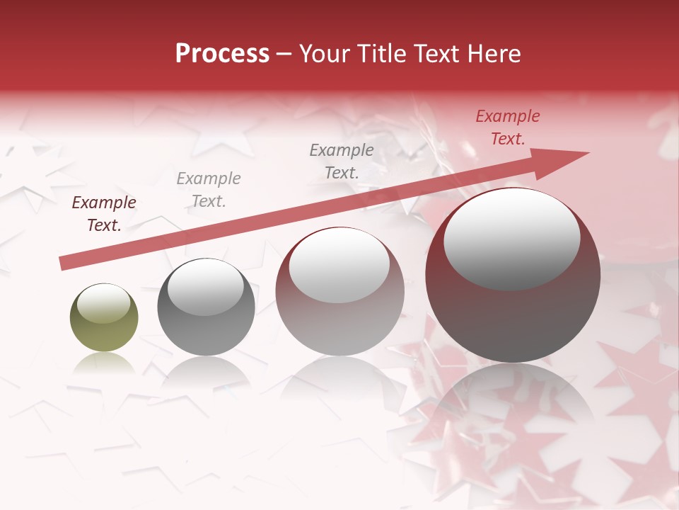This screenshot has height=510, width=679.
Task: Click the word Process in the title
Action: click(x=222, y=54)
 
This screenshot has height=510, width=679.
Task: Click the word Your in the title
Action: click(x=323, y=54)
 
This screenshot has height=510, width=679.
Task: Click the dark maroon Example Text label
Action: click(x=104, y=214)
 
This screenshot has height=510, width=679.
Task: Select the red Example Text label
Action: click(x=508, y=127)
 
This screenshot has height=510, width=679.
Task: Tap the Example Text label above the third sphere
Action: click(x=342, y=161)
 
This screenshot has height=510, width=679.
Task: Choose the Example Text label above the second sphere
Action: click(x=209, y=189)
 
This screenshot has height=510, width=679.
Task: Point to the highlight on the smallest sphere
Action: click(x=103, y=303)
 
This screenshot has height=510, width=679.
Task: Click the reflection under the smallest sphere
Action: click(x=104, y=363)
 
